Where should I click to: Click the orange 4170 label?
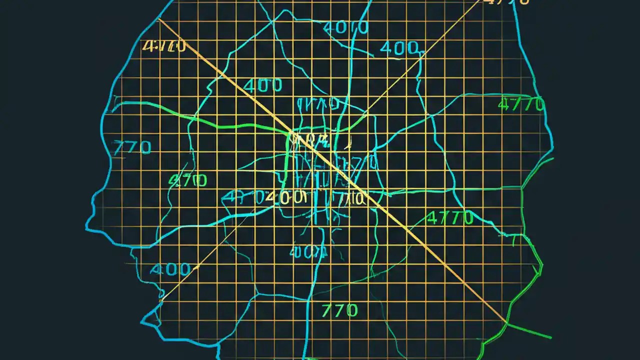[x=164, y=46]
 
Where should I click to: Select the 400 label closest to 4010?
[x=399, y=48]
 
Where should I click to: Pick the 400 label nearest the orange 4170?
[x=263, y=85]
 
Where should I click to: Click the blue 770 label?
[x=132, y=147]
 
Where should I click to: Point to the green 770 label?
[x=339, y=310]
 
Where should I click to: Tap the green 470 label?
[x=187, y=180]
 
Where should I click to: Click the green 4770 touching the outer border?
[x=521, y=105]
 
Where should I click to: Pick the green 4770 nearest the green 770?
[x=450, y=218]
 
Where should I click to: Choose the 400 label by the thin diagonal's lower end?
[x=170, y=270]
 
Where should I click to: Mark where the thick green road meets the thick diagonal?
[x=291, y=132]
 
